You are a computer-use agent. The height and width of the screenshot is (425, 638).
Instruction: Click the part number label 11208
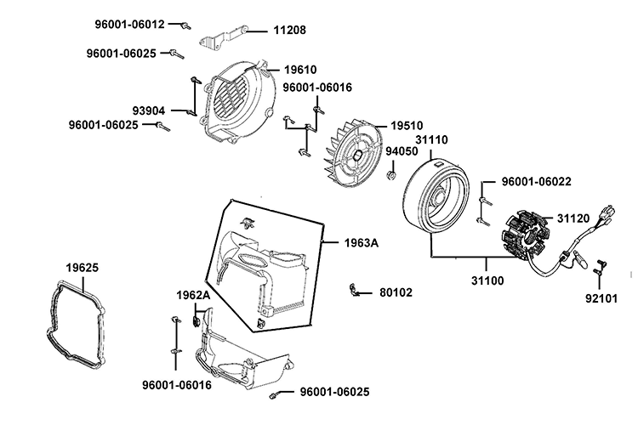pos(289,30)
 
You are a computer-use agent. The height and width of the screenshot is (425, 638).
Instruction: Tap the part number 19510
pos(407,124)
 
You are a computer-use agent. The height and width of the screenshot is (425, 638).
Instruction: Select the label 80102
pos(396,292)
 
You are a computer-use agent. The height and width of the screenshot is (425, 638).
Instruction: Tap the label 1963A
pos(362,243)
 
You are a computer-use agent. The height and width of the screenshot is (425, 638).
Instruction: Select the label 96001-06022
pos(535,181)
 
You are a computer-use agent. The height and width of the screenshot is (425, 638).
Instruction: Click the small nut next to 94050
pos(390,175)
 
